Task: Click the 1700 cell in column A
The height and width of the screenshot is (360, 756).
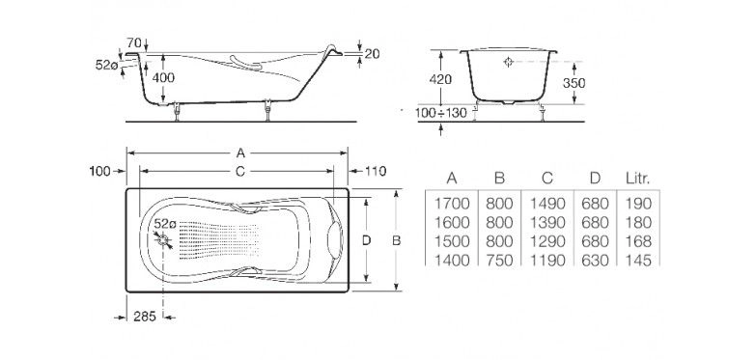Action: pyautogui.click(x=452, y=204)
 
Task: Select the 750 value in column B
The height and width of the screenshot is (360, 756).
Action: pyautogui.click(x=499, y=261)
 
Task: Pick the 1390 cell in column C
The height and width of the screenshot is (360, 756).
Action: pyautogui.click(x=547, y=223)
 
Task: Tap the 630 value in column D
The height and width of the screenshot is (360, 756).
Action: pyautogui.click(x=595, y=261)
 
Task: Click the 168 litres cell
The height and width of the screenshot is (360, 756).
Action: pyautogui.click(x=638, y=241)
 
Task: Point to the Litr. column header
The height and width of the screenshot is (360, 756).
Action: pyautogui.click(x=637, y=179)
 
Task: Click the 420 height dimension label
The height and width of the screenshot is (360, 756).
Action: pyautogui.click(x=440, y=79)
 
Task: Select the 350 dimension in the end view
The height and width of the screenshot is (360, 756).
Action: pyautogui.click(x=574, y=83)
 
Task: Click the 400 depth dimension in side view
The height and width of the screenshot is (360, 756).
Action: pyautogui.click(x=163, y=77)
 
